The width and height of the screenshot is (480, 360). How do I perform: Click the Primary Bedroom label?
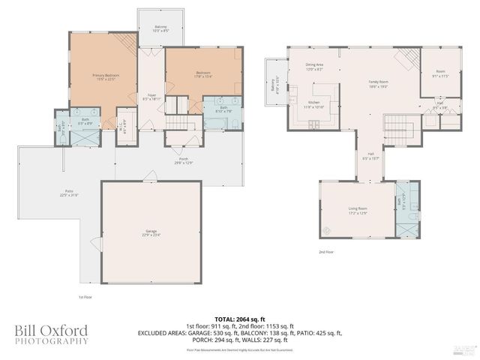pos(105,76)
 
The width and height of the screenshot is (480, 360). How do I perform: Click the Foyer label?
pos(151,97)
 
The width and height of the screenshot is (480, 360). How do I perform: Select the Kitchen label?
pos(313,104)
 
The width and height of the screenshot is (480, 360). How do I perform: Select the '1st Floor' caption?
pos(85,298)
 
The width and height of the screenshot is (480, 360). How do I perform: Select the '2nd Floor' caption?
pos(326,252)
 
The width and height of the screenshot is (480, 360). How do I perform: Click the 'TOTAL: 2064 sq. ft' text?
pos(239,319)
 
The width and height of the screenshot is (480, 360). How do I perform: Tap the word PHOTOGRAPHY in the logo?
pos(51,341)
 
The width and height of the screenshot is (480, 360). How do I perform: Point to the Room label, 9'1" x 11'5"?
pos(440,74)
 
